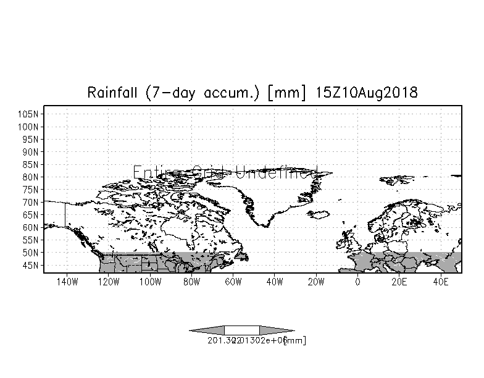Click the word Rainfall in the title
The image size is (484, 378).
pos(113,93)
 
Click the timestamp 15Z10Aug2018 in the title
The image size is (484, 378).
pos(367,93)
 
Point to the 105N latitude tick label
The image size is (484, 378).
pos(30,114)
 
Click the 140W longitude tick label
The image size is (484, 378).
pos(66,282)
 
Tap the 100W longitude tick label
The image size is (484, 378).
pos(149,282)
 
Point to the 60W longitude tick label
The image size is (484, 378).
pos(233,282)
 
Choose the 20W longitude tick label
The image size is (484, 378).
pos(316,282)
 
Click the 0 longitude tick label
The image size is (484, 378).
pos(357,282)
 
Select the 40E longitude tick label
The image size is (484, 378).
pos(441,282)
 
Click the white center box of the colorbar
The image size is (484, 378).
pos(242,330)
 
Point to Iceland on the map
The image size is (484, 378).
pos(319,214)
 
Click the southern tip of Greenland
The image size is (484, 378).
pos(265,226)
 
